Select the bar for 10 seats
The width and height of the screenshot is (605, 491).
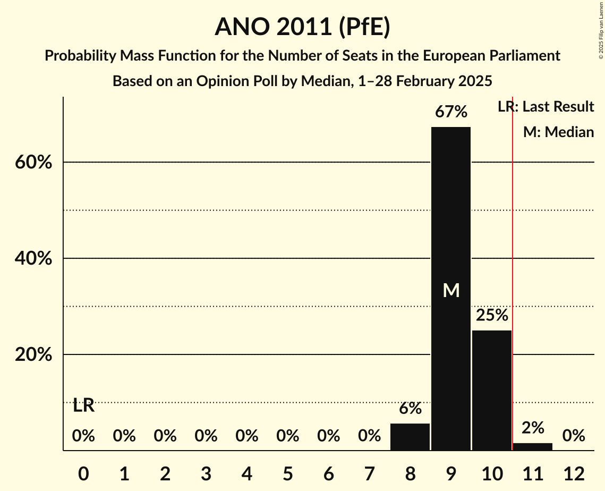[491, 390]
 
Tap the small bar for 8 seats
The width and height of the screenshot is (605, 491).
[410, 437]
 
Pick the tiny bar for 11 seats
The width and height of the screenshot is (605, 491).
[532, 446]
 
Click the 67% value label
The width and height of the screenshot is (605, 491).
[450, 112]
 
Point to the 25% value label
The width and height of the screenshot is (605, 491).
[491, 316]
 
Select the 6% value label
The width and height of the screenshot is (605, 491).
[410, 409]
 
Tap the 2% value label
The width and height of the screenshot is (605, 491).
[532, 428]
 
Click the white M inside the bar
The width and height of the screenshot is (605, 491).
[450, 290]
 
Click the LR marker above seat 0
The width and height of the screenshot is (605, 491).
[83, 405]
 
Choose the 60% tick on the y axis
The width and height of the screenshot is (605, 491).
[33, 162]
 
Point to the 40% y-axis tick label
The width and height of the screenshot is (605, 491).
[33, 259]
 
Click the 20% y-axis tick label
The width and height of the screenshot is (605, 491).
[33, 355]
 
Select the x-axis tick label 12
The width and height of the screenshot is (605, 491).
[573, 473]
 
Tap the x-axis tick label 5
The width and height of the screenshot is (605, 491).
[287, 473]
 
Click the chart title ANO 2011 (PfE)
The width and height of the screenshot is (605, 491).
[302, 27]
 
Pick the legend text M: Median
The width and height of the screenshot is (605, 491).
[558, 132]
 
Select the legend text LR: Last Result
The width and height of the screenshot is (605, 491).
[546, 107]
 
